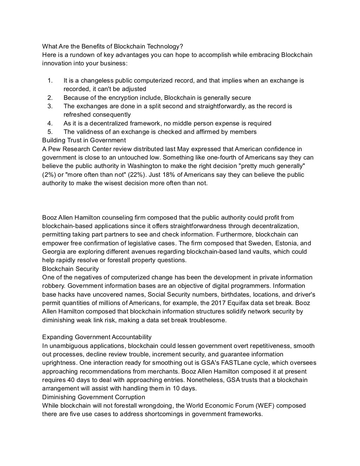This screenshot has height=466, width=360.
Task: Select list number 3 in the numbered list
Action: [x=50, y=106]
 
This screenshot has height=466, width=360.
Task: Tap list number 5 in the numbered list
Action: [x=50, y=132]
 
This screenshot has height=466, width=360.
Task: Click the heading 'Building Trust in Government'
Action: [x=84, y=140]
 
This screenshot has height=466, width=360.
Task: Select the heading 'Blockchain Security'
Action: [x=70, y=269]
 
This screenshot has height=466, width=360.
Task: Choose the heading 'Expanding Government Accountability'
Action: [x=97, y=337]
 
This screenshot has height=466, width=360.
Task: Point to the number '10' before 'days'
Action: [x=175, y=388]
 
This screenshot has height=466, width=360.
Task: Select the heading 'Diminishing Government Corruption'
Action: [x=94, y=397]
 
